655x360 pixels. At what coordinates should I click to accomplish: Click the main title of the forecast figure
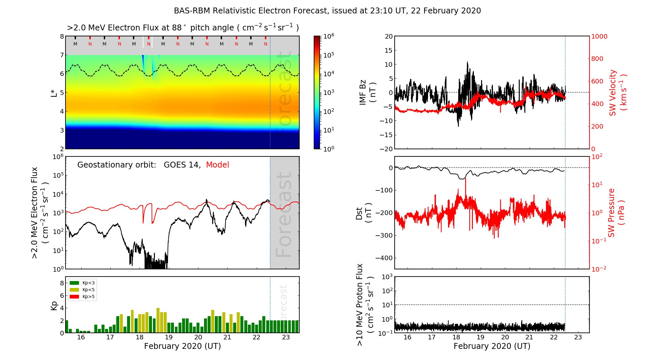(x=327, y=11)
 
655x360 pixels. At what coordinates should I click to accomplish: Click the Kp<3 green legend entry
(x=82, y=283)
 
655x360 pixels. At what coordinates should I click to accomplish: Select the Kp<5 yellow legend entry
(x=82, y=290)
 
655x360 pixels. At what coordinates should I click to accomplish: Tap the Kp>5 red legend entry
(x=82, y=297)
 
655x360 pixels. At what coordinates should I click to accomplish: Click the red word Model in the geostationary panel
(x=217, y=165)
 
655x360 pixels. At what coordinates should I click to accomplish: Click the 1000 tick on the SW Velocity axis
(x=599, y=36)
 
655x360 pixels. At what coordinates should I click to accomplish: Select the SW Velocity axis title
(x=617, y=92)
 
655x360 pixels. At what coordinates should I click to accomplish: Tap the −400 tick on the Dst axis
(x=384, y=258)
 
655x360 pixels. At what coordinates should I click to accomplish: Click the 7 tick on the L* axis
(x=62, y=55)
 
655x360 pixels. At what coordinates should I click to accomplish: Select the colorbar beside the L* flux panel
(x=317, y=92)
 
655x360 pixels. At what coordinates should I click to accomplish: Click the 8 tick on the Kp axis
(x=62, y=283)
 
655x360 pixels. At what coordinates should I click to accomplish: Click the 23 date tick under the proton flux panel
(x=578, y=337)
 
